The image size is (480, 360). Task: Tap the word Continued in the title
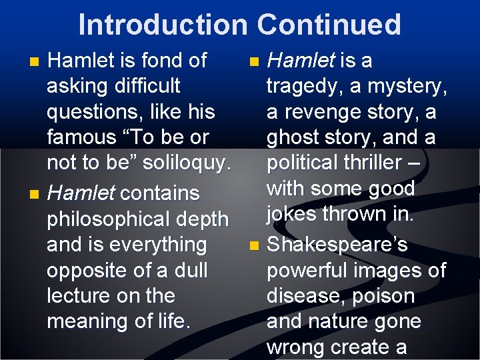click(x=329, y=25)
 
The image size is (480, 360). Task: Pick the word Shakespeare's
click(x=337, y=245)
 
